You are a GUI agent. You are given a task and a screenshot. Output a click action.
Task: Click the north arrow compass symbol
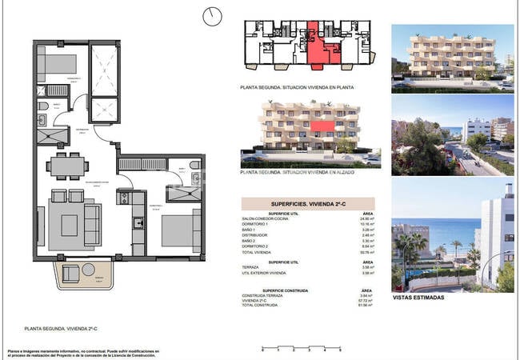212,15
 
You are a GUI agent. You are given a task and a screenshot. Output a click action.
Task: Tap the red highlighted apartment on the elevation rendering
322,126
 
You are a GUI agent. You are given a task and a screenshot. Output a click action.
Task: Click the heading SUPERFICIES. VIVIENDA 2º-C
309,204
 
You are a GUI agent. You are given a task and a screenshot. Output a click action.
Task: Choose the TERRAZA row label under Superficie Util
252,267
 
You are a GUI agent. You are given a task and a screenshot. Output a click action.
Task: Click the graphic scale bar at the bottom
301,346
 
